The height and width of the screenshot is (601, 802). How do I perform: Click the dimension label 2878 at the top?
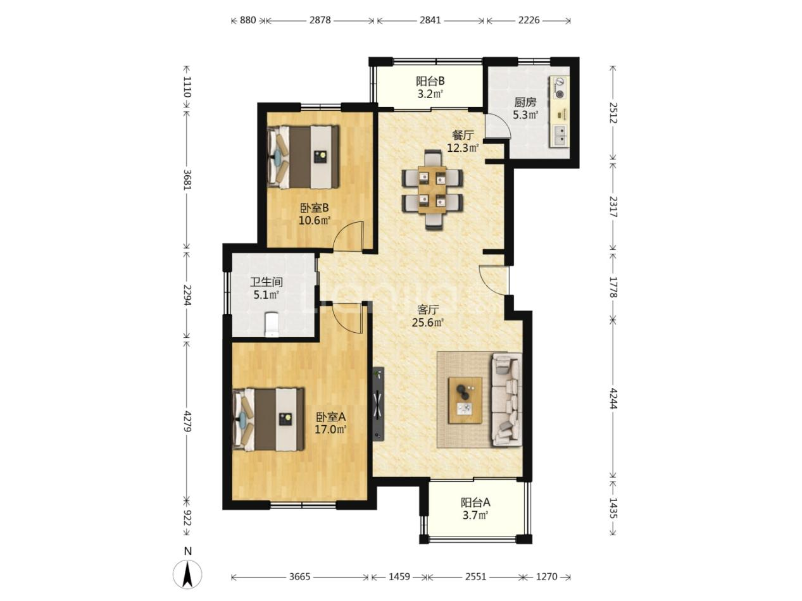pos(320,20)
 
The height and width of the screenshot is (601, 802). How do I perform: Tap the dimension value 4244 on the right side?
pos(613,399)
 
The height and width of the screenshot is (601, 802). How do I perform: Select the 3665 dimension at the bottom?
pos(299,576)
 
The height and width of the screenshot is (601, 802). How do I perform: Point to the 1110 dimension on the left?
pos(187,87)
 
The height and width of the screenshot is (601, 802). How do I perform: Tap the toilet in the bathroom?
pos(271,323)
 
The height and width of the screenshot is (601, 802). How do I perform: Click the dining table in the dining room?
pos(432,189)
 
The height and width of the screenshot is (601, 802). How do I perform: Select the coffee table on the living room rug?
pos(465,400)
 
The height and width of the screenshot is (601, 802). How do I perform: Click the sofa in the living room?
pos(506,399)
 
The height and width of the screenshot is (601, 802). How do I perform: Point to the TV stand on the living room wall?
pos(378,404)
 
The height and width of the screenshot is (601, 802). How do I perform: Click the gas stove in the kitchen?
pos(560,87)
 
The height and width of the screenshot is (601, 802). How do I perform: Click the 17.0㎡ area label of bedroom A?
pos(330,429)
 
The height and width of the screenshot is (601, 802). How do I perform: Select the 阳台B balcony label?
pos(430,81)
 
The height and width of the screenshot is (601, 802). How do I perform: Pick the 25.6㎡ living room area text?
pos(428,323)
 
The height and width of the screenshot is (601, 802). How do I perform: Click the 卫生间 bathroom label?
pos(266,282)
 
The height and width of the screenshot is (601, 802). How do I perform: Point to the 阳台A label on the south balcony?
pos(475,503)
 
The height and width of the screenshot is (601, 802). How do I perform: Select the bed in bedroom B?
pos(303,157)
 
